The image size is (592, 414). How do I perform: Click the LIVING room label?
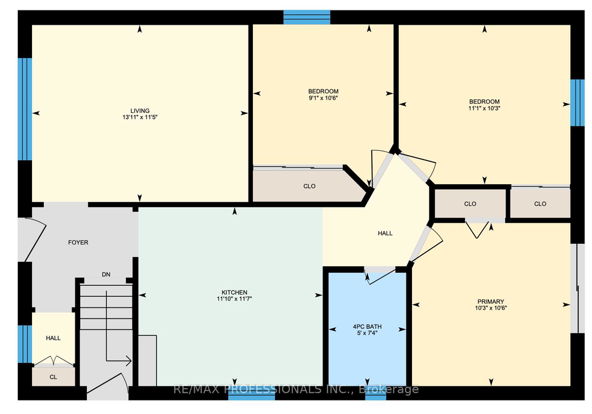[140, 111]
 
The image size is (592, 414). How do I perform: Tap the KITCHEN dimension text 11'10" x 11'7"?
[234, 299]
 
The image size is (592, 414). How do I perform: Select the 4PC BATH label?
[368, 327]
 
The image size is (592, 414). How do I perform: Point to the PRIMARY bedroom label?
[491, 301]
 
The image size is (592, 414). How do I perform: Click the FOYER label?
[78, 243]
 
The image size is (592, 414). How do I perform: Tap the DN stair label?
[106, 275]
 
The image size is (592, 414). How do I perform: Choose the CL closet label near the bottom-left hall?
[53, 377]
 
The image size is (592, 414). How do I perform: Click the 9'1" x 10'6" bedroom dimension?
[323, 98]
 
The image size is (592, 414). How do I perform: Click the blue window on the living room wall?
[25, 109]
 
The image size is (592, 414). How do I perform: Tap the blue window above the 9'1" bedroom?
[307, 17]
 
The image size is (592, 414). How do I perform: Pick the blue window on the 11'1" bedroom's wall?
[577, 102]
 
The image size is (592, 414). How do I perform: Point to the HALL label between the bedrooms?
[385, 233]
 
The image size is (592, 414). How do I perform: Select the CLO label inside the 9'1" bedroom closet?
[309, 186]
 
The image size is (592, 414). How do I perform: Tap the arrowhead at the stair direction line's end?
[129, 361]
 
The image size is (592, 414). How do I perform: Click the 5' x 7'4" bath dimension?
[368, 333]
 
